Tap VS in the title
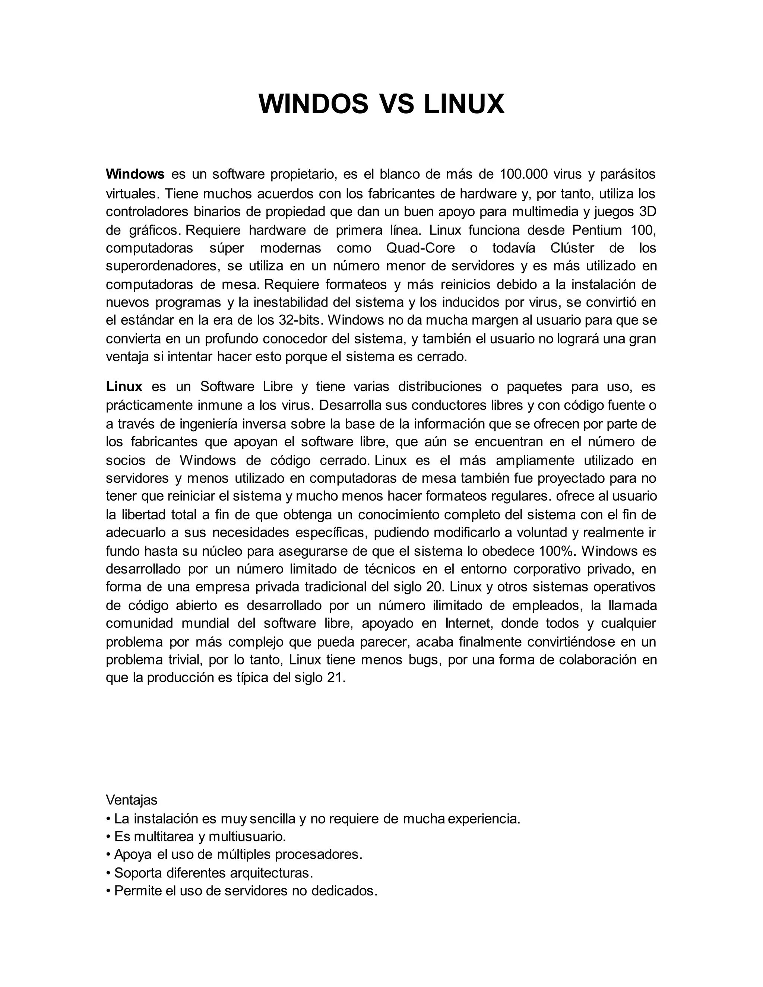[x=396, y=104]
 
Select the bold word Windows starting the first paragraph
[x=135, y=174]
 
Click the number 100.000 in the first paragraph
[x=524, y=174]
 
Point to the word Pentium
[x=597, y=230]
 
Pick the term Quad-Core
[x=420, y=248]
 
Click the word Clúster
[x=572, y=248]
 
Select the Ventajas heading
[x=132, y=800]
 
